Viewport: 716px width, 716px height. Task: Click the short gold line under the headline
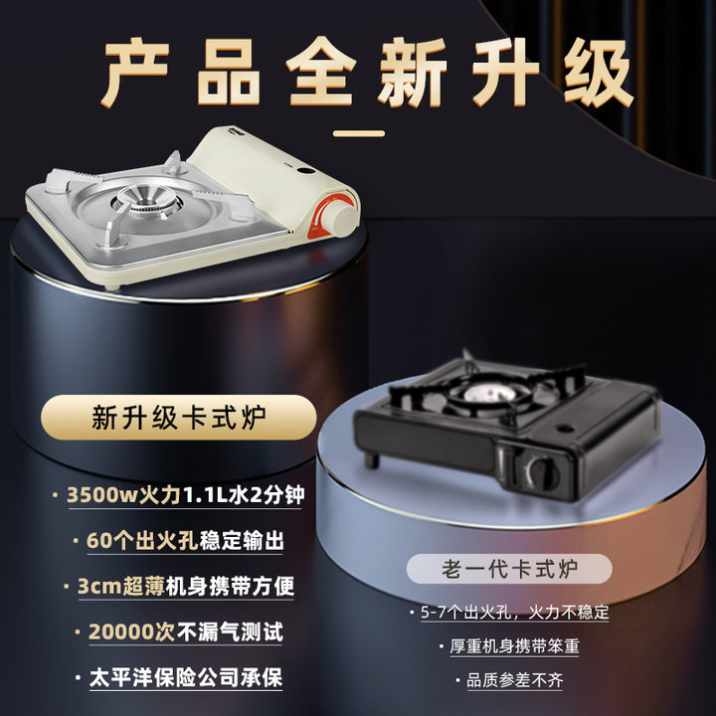(358, 132)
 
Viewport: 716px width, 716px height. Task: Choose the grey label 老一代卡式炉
(509, 569)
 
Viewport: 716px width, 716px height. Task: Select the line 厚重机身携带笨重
(514, 645)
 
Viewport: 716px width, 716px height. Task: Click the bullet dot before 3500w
(55, 494)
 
